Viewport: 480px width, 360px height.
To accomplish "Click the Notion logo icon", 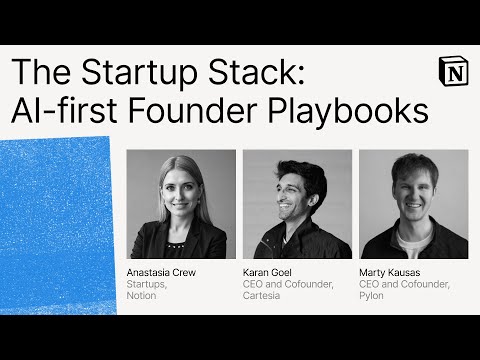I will click(x=452, y=73).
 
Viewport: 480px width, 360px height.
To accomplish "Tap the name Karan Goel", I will click(x=266, y=272).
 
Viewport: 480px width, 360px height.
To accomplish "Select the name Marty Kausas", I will click(x=386, y=272).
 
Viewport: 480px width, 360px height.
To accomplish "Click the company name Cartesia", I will click(x=260, y=296).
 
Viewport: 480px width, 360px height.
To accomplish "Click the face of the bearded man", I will click(x=295, y=196).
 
